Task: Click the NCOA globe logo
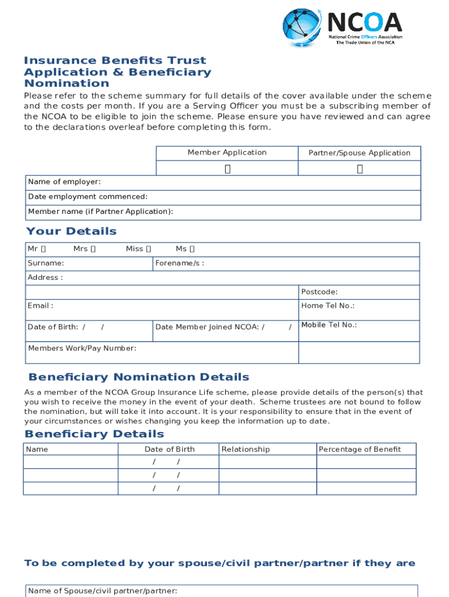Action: click(301, 28)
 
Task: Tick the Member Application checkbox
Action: click(227, 169)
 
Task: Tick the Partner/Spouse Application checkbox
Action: click(360, 169)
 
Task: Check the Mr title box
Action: click(44, 249)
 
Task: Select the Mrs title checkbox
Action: click(93, 249)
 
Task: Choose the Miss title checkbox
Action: click(148, 249)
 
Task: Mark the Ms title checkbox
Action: click(192, 249)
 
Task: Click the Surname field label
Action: click(46, 264)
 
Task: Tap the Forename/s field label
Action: click(180, 264)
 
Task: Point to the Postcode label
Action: click(319, 292)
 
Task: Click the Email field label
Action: click(40, 305)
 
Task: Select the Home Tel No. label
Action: click(328, 305)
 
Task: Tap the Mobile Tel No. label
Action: click(329, 325)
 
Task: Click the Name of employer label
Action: click(64, 182)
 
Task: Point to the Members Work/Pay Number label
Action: click(82, 348)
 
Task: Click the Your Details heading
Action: click(71, 231)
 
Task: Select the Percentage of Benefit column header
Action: click(359, 449)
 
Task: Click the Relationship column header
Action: click(245, 449)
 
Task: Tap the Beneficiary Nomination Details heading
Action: click(139, 377)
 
